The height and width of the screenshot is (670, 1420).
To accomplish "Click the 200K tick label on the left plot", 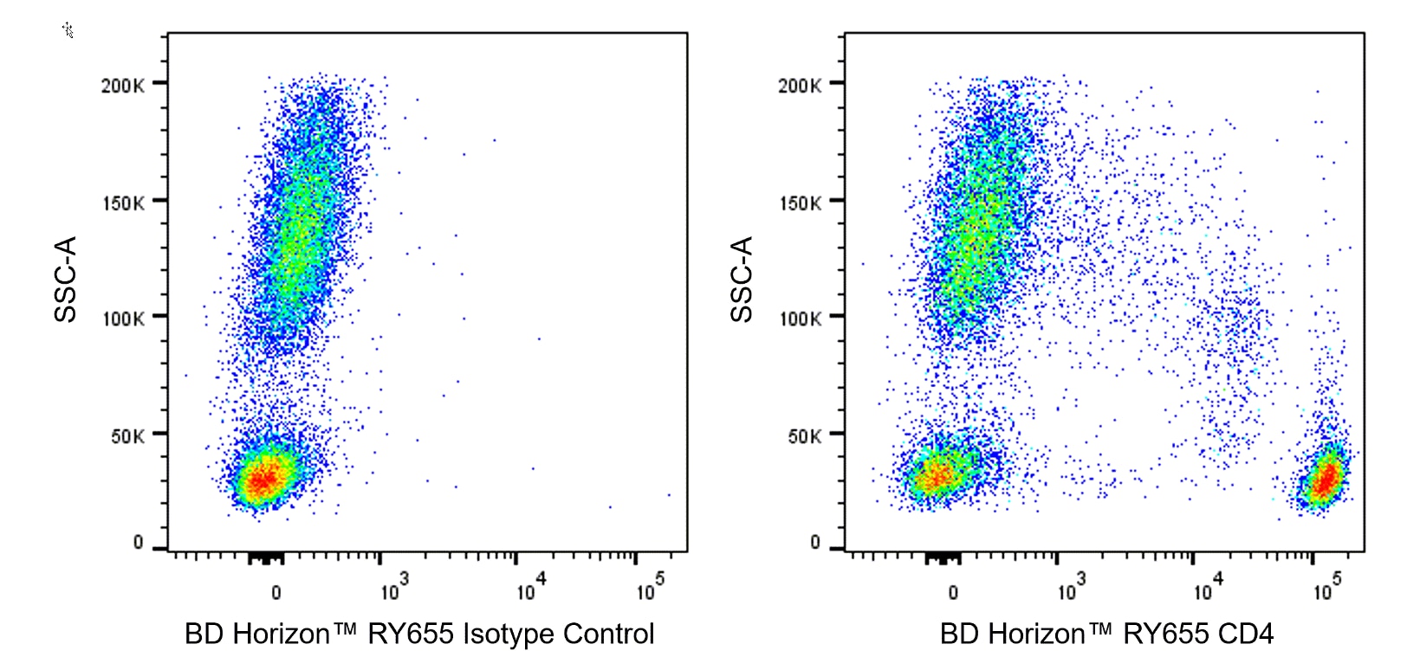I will pos(122,85).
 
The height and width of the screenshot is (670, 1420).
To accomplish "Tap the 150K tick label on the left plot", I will pos(122,203).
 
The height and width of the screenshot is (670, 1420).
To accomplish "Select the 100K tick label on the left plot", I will pos(122,319).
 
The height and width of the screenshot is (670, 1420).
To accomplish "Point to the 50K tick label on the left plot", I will pos(127,436).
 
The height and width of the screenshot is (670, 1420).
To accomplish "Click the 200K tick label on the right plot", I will pos(799,85).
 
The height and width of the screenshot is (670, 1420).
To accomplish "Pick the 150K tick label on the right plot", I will pos(799,203).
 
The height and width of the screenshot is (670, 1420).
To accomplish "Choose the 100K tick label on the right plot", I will pos(799,319).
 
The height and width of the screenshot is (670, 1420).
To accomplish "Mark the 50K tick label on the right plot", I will pos(804,436).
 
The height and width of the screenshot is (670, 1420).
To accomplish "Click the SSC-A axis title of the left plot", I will pos(66,279).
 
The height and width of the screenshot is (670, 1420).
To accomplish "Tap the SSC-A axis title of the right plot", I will pos(742,279).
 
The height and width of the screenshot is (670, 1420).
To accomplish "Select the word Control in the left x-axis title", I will pos(608,635).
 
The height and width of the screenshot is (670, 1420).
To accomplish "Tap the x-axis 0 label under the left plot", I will pos(276,593).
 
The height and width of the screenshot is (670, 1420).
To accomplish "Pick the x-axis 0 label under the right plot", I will pos(953,593).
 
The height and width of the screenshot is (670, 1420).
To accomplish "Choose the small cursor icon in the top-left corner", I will pos(68,30).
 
